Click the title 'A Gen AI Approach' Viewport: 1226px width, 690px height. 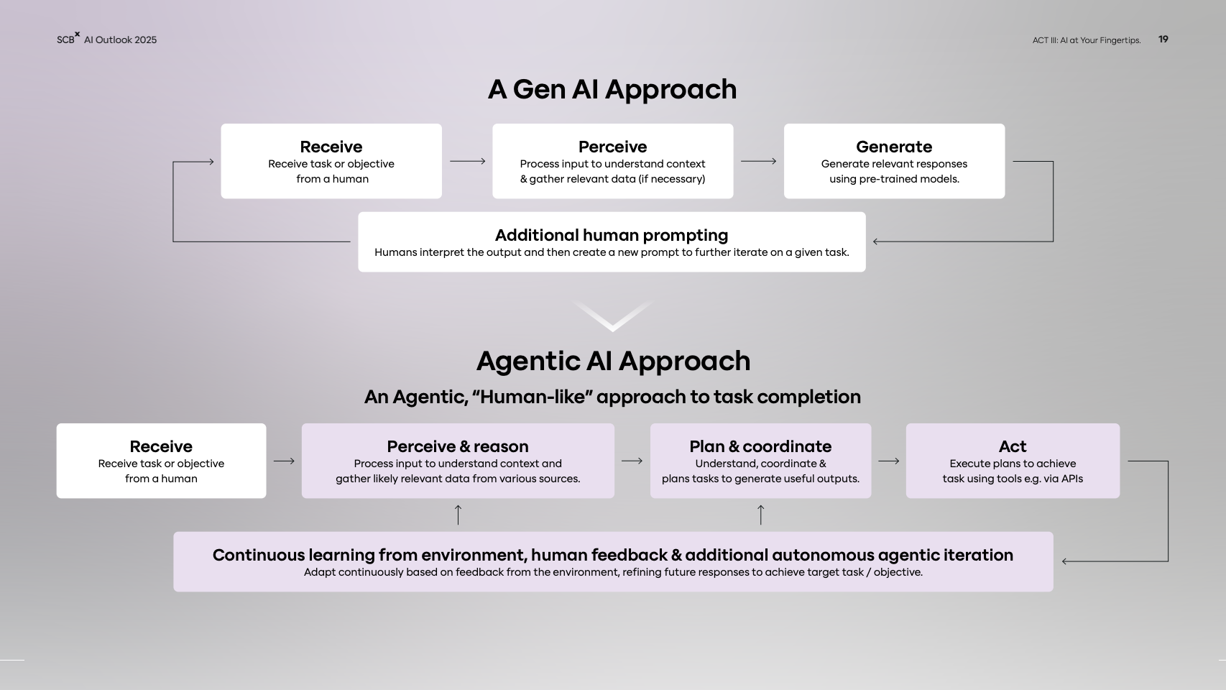(612, 90)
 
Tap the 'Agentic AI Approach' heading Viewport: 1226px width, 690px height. (613, 361)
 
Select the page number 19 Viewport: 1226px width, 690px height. (1163, 40)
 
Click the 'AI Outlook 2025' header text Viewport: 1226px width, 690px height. (120, 40)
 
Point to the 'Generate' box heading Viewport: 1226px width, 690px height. (893, 147)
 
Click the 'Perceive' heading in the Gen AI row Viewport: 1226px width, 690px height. (612, 147)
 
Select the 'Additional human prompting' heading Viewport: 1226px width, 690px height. (611, 235)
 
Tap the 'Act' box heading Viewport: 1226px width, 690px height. (1012, 446)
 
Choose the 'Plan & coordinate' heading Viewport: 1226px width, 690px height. (760, 446)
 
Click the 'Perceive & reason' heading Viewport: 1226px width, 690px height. (457, 446)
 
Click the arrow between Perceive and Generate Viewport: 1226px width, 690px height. (758, 161)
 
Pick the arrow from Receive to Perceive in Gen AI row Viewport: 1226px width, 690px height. (467, 161)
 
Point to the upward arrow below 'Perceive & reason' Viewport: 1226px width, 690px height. (458, 515)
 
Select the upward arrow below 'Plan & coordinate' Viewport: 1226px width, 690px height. (760, 515)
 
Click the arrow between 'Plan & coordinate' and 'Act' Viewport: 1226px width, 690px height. (888, 461)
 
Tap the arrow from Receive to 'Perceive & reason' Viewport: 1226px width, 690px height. (284, 461)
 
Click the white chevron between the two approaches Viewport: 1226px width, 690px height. (612, 317)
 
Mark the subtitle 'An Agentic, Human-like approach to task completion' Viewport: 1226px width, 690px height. (612, 397)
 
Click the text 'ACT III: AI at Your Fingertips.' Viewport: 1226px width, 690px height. (1086, 40)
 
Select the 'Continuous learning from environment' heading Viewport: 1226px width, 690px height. (612, 555)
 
